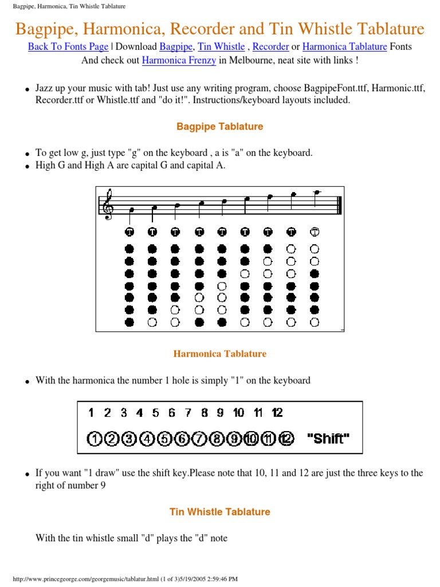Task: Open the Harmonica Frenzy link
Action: pyautogui.click(x=179, y=60)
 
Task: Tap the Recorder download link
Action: pyautogui.click(x=270, y=46)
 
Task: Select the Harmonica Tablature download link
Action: pyautogui.click(x=344, y=46)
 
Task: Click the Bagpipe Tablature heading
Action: pyautogui.click(x=220, y=127)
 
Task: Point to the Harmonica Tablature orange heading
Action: pyautogui.click(x=220, y=354)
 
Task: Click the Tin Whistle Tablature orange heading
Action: pyautogui.click(x=220, y=512)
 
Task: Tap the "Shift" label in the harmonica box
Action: pyautogui.click(x=328, y=439)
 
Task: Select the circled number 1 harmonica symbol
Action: pyautogui.click(x=94, y=439)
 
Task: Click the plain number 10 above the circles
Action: pyautogui.click(x=239, y=413)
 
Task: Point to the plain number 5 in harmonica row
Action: pyautogui.click(x=155, y=413)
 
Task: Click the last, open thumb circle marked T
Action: pyautogui.click(x=315, y=232)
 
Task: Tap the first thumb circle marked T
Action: pyautogui.click(x=129, y=232)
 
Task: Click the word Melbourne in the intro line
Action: pyautogui.click(x=243, y=60)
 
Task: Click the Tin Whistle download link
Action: pyautogui.click(x=221, y=46)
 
